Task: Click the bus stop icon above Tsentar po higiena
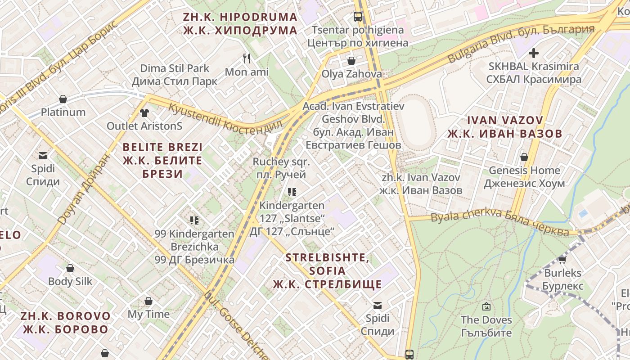click(x=358, y=17)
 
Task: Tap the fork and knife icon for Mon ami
click(x=247, y=58)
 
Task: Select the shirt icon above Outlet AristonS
click(x=144, y=112)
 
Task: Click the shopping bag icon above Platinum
click(x=63, y=99)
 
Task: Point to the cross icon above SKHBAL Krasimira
click(x=534, y=53)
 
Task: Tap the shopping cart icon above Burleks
click(x=562, y=259)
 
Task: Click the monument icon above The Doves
click(x=486, y=306)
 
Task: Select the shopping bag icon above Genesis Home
click(x=524, y=157)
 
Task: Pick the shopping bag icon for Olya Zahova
click(x=351, y=60)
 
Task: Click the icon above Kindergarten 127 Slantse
click(x=292, y=192)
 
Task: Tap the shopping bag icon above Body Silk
click(x=70, y=268)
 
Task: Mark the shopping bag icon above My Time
click(x=148, y=301)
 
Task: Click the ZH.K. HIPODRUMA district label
click(x=240, y=24)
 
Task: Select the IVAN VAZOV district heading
click(x=504, y=127)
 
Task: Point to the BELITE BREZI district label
click(x=162, y=160)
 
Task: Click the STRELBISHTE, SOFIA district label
click(x=327, y=271)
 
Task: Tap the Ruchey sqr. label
click(x=281, y=168)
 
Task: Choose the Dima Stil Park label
click(x=175, y=75)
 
